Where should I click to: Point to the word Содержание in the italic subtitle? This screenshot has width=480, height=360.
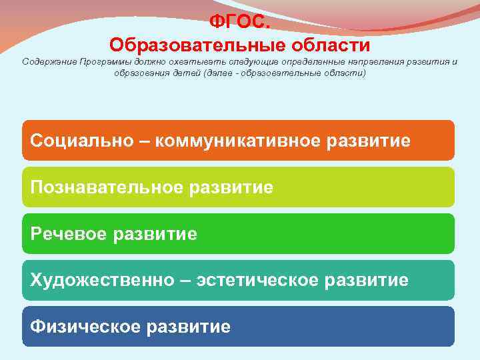point(49,62)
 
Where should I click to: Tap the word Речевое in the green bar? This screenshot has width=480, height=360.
point(69,234)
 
